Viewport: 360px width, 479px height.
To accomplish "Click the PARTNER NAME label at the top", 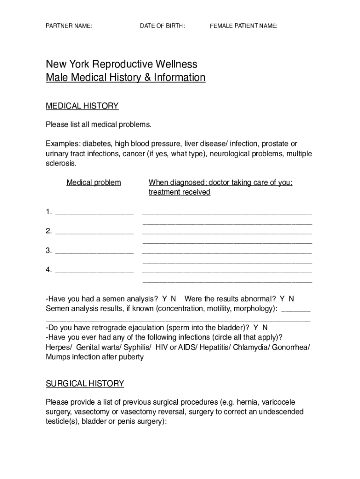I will pos(69,26).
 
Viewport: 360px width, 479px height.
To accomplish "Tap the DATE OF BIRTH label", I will pos(162,26).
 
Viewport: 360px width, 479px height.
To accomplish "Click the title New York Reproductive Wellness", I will pos(121,64).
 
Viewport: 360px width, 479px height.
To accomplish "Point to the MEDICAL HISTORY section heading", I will pos(82,106).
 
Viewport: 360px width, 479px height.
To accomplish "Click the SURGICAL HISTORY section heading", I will pos(85,384).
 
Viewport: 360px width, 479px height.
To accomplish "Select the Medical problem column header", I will pos(94,182).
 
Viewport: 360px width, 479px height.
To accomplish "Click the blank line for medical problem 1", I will pos(94,213).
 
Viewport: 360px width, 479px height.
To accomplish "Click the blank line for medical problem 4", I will pos(94,271).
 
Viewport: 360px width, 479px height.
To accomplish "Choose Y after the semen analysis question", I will pos(165,299).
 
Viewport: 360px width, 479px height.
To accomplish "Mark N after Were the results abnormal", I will pos(291,299).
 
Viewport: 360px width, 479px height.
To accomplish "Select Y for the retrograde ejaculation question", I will pos(256,328).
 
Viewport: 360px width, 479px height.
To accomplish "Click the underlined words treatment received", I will pos(179,192).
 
